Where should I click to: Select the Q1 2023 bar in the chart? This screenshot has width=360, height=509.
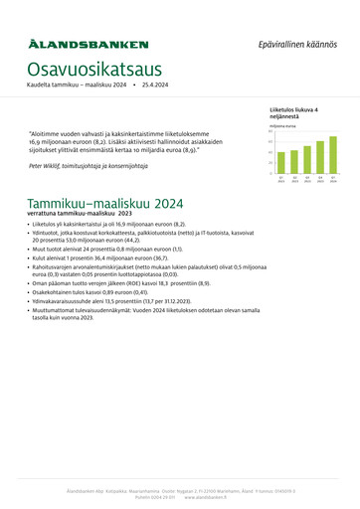tap(281, 163)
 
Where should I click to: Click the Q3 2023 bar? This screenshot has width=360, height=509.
tap(307, 161)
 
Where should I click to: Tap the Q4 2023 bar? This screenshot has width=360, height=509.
tap(320, 159)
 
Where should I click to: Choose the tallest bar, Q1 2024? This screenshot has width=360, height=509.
tap(333, 156)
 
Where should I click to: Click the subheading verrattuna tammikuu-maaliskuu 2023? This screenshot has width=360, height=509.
tap(80, 214)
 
